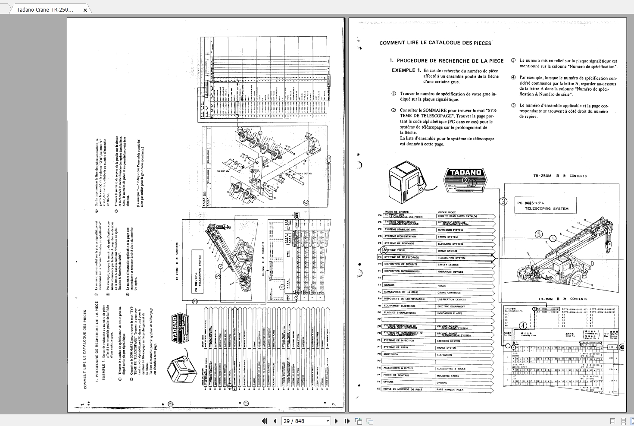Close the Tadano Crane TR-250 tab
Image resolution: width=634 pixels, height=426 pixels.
coord(85,10)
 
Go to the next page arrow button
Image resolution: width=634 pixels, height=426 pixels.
coord(337,421)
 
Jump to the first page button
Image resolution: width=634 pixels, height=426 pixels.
coord(265,421)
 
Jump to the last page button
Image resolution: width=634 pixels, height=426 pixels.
coord(347,421)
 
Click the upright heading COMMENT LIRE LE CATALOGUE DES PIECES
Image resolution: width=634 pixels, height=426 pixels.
coord(435,43)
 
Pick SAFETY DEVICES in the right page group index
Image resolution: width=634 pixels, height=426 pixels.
coord(448,265)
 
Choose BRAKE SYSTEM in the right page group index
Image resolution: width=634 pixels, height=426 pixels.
coord(447,348)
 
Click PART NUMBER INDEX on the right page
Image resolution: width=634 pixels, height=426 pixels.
coord(450,390)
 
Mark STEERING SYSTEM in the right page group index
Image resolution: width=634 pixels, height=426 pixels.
coord(448,341)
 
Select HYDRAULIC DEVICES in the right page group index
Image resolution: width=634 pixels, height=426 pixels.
coord(450,272)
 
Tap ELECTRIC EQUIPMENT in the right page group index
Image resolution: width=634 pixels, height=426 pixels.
coord(451,306)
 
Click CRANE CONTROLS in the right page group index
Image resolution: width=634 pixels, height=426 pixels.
coord(449,293)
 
